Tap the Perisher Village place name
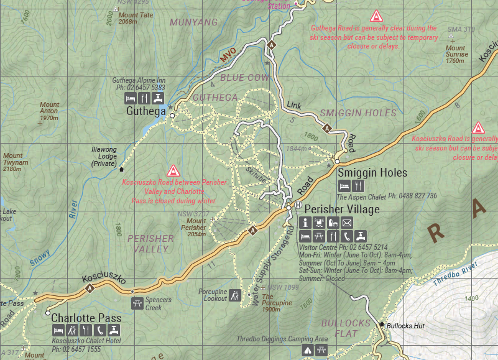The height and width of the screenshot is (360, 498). coord(338,210)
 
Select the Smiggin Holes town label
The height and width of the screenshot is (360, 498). coord(372,173)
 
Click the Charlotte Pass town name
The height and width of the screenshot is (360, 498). coord(86,318)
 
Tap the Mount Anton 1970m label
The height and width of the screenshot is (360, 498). coord(49,111)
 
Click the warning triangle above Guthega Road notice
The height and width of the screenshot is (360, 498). coord(375,16)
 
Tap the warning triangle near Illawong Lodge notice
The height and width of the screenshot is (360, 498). coord(173,170)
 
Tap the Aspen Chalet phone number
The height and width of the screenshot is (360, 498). coord(413,196)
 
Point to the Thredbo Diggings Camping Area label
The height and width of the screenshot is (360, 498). coord(282,339)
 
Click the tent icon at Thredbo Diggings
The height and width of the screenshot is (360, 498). coord(307,351)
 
